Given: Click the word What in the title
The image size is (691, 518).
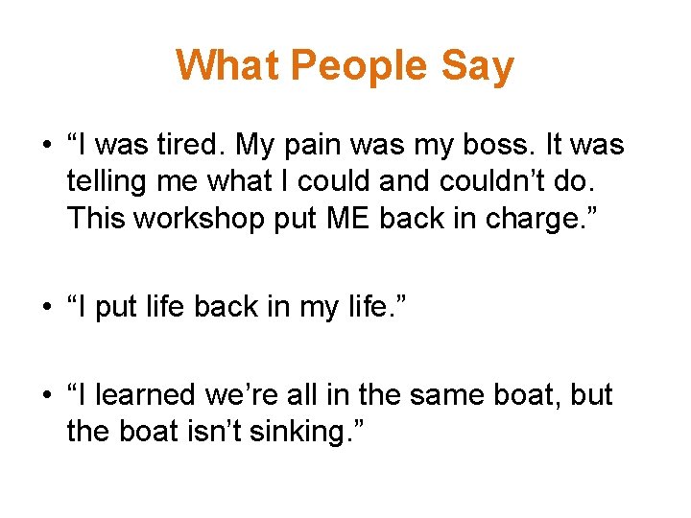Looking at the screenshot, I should coord(226,66).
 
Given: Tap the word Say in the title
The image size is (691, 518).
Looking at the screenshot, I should coord(478,66).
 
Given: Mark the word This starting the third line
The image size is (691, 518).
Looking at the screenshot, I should coord(96,218).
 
